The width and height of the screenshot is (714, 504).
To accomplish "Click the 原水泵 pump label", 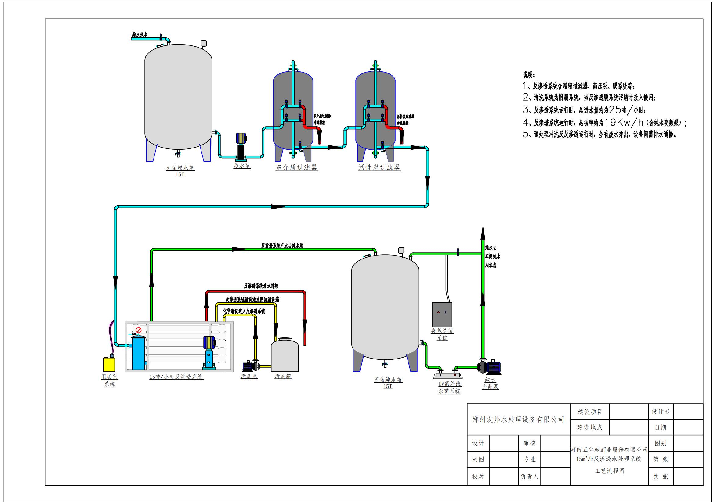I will (242, 166).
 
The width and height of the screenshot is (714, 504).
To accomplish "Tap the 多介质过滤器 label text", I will (296, 168).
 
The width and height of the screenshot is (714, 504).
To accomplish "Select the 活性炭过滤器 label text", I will (379, 168).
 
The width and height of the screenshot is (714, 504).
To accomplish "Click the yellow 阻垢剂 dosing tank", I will (109, 364).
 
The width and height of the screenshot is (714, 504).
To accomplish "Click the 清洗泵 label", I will (249, 376).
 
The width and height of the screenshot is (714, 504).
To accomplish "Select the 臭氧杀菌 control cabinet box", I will (442, 315).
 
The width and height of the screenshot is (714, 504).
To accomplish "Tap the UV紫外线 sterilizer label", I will (449, 384).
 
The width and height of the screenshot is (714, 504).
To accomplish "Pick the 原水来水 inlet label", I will (140, 34).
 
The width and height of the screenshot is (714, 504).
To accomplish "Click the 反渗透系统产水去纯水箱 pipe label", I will (282, 246).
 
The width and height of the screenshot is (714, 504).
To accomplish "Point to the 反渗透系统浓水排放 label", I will (261, 286).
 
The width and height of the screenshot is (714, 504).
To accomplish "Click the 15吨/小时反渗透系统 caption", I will (176, 377).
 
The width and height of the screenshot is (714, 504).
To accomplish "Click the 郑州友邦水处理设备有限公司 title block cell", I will (518, 420).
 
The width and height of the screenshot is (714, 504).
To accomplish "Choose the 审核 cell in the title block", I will (529, 443).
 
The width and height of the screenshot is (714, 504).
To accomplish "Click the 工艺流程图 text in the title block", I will (610, 471).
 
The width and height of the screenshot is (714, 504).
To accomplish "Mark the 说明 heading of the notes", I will (529, 75).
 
